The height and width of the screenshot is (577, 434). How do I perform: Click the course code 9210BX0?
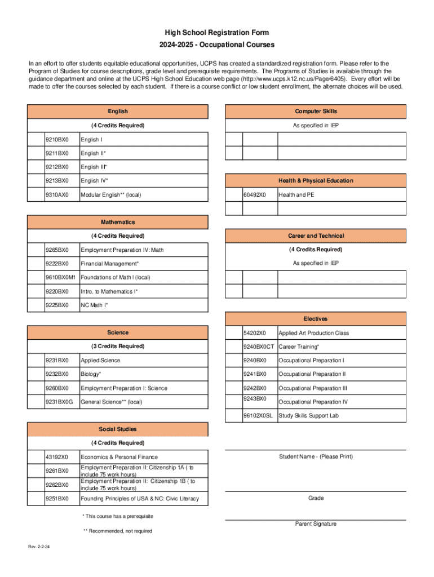coord(57,139)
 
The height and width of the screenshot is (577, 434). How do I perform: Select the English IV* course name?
coord(94,181)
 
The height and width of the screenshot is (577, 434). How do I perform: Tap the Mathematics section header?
coord(118,222)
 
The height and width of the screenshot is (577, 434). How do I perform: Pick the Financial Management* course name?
coord(109,264)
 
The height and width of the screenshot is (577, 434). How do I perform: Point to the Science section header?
coord(118,332)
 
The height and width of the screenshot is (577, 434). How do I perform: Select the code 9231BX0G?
coord(60,402)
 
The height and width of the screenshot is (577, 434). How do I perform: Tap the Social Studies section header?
coord(118,429)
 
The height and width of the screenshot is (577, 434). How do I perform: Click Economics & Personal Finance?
coord(119,457)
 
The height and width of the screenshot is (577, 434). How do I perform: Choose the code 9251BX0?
coord(57,499)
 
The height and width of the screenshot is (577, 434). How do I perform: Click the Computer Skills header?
coord(316,112)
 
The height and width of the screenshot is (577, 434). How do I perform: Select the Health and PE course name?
coord(296,195)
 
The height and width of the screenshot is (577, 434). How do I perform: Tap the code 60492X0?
coord(255,195)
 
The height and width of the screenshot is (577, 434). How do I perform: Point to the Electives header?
coord(316,319)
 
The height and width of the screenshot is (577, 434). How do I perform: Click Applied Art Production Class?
coord(313,333)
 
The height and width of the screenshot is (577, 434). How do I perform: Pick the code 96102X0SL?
coord(258,416)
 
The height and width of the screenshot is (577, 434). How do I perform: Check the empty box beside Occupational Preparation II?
coord(234,374)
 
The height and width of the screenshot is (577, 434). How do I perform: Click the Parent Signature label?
coord(316,524)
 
